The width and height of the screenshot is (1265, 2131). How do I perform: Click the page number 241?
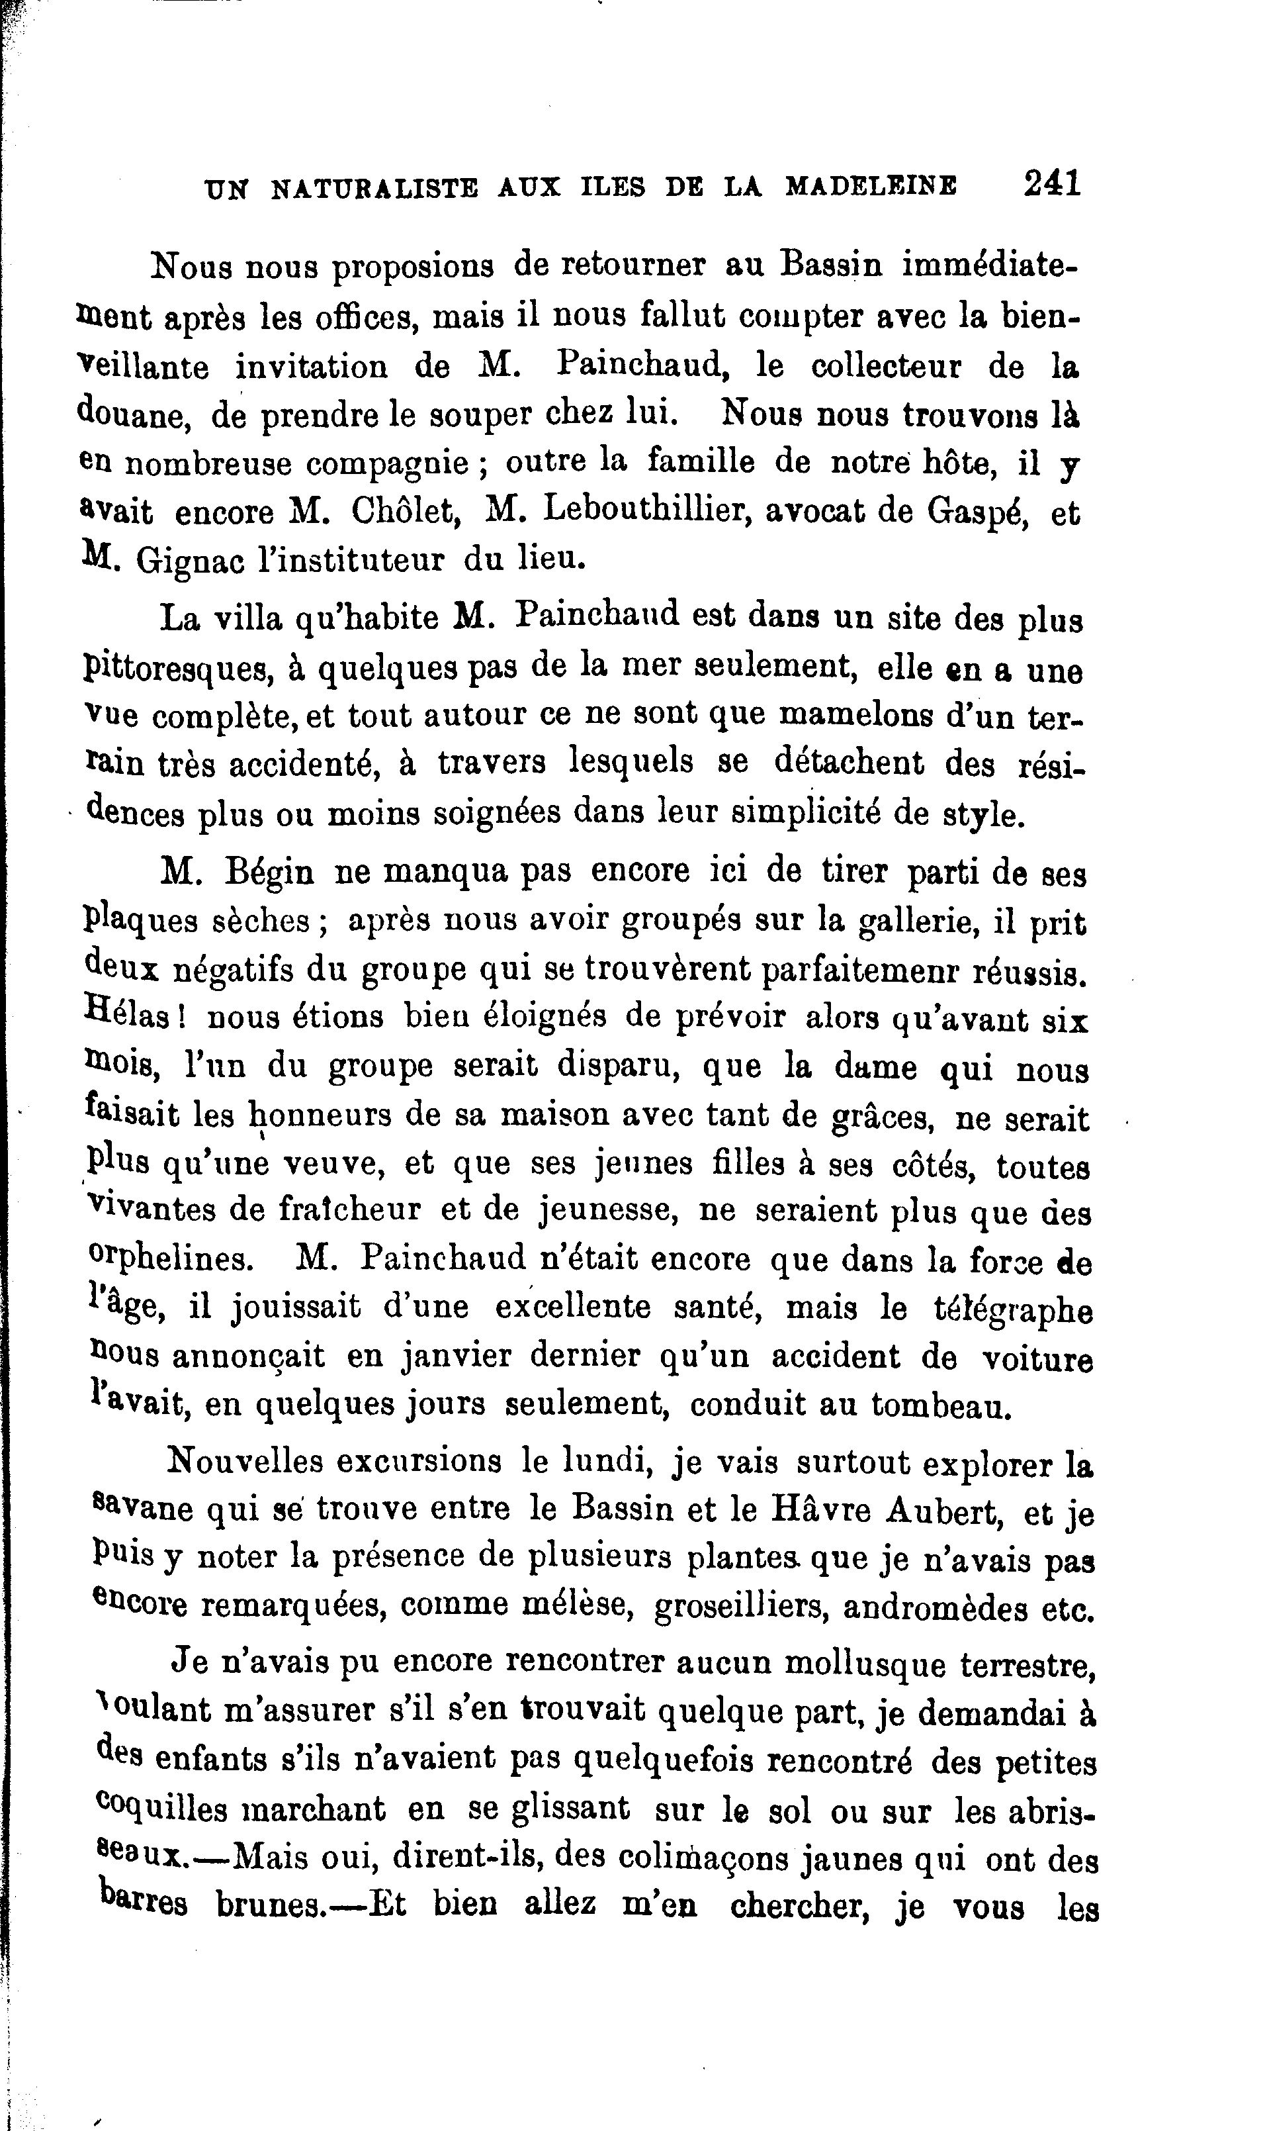[1052, 183]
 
